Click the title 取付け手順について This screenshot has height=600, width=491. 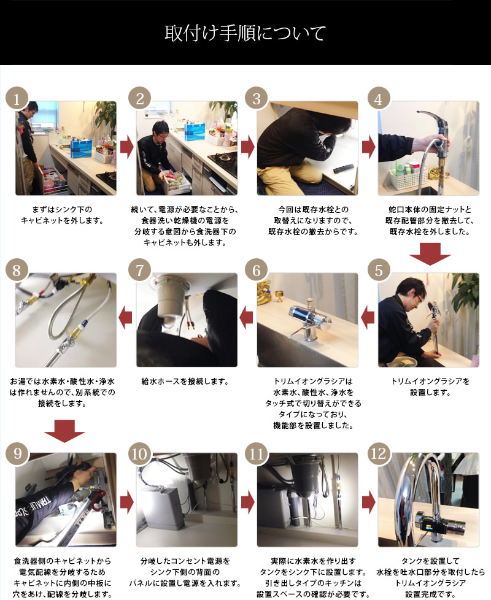(245, 33)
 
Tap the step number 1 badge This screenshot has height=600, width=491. (17, 99)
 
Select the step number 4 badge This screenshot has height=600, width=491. (379, 99)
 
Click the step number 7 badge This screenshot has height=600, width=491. (140, 270)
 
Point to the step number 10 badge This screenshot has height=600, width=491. (140, 453)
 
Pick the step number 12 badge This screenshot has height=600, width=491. (379, 453)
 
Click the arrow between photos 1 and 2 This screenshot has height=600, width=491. (126, 147)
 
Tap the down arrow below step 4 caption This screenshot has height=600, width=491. (430, 254)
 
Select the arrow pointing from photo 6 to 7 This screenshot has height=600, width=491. (246, 318)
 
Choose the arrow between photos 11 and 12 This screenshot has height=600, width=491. (368, 501)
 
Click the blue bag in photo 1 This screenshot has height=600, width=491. (81, 148)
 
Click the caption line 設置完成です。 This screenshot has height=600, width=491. (430, 594)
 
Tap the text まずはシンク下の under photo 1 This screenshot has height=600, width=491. (62, 209)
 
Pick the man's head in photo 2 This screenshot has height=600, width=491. (161, 131)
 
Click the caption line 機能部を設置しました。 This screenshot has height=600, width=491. (313, 425)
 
